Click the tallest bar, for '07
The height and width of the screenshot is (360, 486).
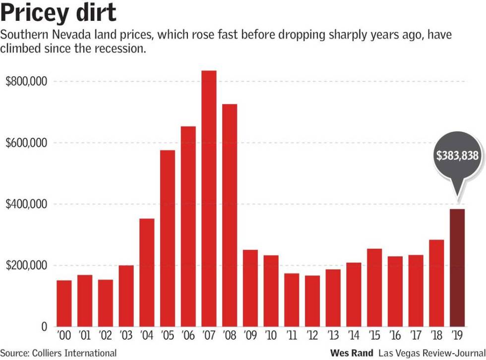tap(209, 198)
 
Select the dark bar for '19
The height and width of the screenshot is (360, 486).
tap(457, 268)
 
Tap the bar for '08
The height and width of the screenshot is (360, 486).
tap(230, 215)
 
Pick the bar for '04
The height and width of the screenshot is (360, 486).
tap(147, 272)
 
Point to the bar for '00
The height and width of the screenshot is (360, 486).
tap(64, 303)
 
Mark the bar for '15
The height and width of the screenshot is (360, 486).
tap(374, 288)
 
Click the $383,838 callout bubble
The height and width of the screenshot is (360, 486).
tap(457, 156)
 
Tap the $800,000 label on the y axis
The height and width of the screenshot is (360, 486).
tap(26, 81)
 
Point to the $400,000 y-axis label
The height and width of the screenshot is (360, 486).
tap(26, 204)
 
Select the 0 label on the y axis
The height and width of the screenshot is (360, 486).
tap(43, 327)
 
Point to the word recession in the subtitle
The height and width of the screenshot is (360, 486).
tap(119, 50)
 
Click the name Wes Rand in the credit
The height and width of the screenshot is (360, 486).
tap(351, 353)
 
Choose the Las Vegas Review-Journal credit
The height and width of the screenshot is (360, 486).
tap(431, 353)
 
